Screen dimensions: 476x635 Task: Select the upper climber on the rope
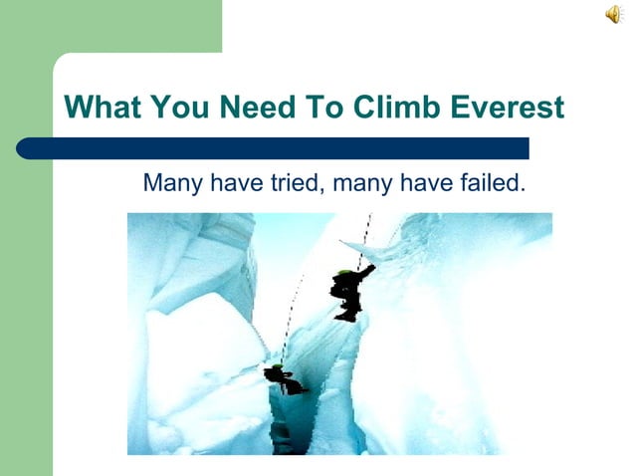tap(349, 293)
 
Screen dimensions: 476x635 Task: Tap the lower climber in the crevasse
tap(280, 379)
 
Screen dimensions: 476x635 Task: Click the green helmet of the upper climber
tap(343, 272)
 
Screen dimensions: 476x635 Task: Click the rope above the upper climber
tap(365, 239)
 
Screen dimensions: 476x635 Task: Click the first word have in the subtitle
tap(231, 183)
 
